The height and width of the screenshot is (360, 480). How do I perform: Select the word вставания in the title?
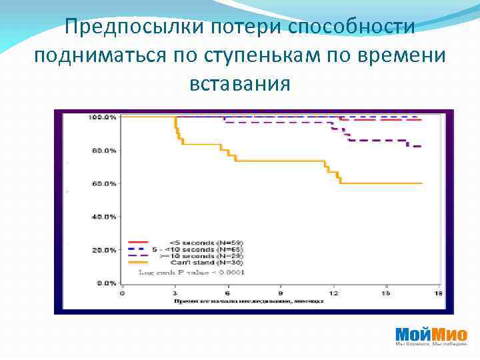click(x=240, y=85)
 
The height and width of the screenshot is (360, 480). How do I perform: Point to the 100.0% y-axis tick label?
click(x=102, y=117)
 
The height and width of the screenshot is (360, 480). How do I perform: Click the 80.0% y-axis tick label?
click(x=103, y=151)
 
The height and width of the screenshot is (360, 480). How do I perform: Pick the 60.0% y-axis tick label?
click(x=103, y=183)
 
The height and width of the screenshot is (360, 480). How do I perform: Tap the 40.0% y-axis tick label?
click(x=103, y=217)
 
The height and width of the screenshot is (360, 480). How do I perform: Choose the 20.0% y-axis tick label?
click(x=103, y=250)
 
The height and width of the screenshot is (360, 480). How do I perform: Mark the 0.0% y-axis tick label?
click(x=105, y=283)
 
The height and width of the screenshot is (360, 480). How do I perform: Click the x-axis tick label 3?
click(x=175, y=293)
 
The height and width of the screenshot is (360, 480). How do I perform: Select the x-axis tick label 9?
click(x=281, y=293)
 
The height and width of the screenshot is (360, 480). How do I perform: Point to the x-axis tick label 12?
click(x=333, y=293)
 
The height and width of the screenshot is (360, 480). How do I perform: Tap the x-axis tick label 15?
click(x=385, y=293)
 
